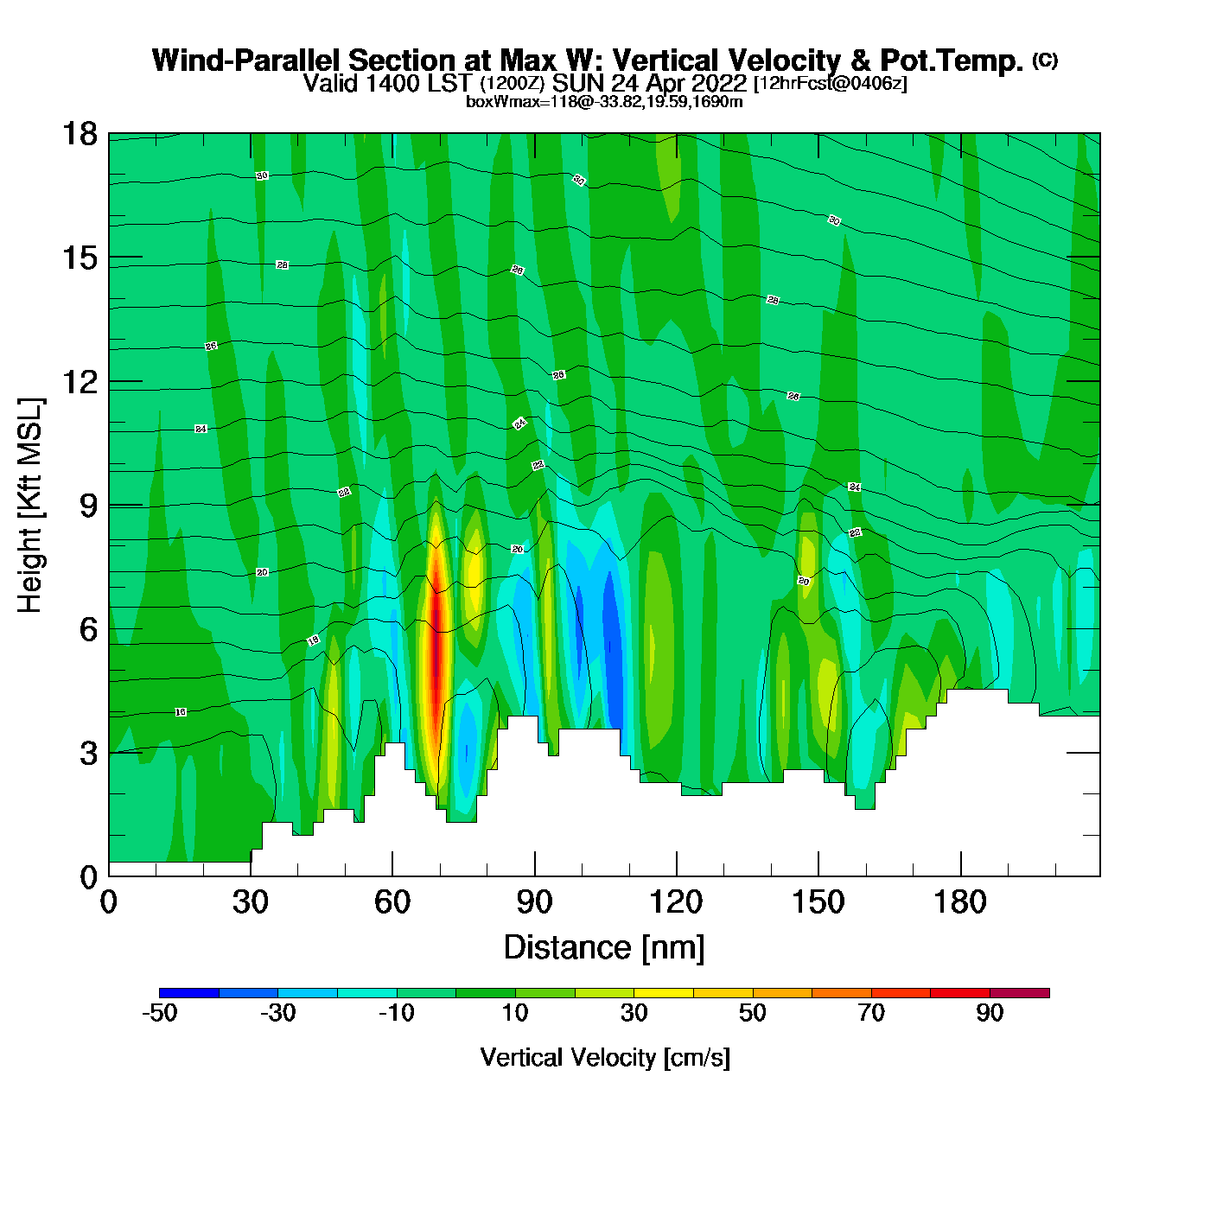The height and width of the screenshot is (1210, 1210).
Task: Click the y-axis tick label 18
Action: pyautogui.click(x=80, y=134)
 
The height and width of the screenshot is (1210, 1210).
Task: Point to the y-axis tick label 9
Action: pyautogui.click(x=89, y=506)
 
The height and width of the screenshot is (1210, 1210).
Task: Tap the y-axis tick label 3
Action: pyautogui.click(x=89, y=753)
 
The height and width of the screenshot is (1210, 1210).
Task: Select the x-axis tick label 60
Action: pyautogui.click(x=392, y=902)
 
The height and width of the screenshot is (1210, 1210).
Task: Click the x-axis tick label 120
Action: pyautogui.click(x=677, y=902)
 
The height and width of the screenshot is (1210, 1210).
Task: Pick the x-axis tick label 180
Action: pyautogui.click(x=960, y=902)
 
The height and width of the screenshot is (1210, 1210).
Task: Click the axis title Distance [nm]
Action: pyautogui.click(x=604, y=948)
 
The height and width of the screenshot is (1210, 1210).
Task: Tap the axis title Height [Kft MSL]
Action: pyautogui.click(x=30, y=506)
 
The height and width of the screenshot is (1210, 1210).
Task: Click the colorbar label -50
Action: pyautogui.click(x=159, y=1013)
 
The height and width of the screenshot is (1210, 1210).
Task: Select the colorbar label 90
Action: pyautogui.click(x=990, y=1013)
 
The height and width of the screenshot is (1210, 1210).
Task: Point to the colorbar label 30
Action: pyautogui.click(x=634, y=1013)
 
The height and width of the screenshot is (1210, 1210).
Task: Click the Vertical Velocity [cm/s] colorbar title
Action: pyautogui.click(x=605, y=1057)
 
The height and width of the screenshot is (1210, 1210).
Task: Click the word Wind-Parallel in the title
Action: pyautogui.click(x=247, y=60)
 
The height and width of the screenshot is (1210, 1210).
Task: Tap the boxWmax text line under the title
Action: pyautogui.click(x=604, y=102)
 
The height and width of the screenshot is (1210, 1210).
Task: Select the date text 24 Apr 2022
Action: pyautogui.click(x=678, y=84)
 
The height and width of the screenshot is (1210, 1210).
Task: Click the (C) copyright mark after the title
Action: pyautogui.click(x=1045, y=60)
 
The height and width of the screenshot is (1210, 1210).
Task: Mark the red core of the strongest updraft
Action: pyautogui.click(x=437, y=622)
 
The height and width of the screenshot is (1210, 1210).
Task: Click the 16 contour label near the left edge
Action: pyautogui.click(x=181, y=712)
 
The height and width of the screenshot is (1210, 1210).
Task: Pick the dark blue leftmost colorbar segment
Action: pyautogui.click(x=189, y=993)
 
